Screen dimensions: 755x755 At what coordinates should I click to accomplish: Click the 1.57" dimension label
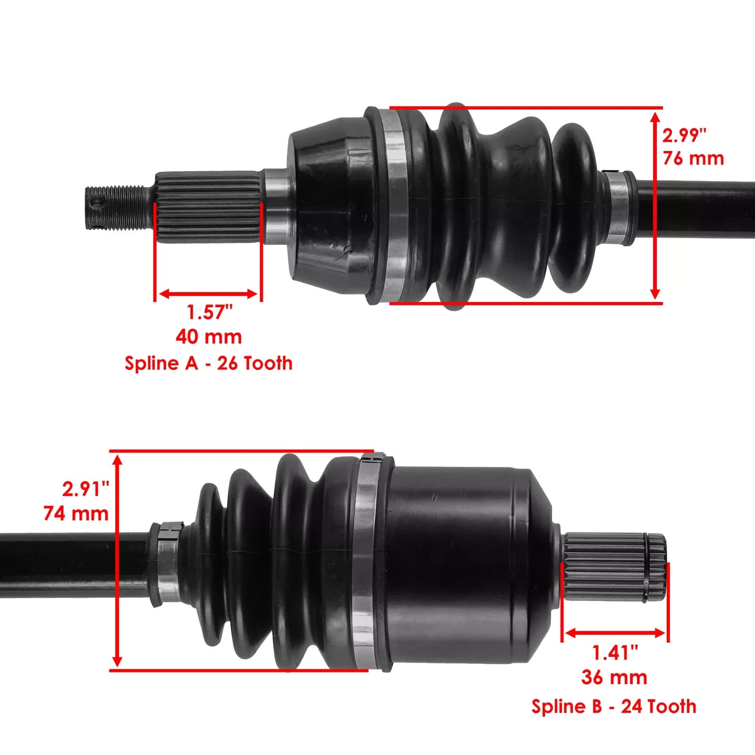210,312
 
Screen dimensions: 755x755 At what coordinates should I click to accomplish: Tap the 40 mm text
209,337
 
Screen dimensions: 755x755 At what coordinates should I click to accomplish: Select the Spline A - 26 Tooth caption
208,363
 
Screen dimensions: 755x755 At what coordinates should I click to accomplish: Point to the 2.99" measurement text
684,135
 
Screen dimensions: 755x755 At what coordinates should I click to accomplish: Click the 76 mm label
693,158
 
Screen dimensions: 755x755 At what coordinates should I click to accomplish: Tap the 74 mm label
76,513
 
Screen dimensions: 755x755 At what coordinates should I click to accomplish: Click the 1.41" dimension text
615,653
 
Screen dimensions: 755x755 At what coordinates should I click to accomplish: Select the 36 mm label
614,678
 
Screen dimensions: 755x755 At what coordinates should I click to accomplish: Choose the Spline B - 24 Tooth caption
613,706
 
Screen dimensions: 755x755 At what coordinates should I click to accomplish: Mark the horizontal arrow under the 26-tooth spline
208,294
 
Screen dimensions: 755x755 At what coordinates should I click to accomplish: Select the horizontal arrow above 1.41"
615,633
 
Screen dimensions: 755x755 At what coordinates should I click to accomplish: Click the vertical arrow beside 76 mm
655,205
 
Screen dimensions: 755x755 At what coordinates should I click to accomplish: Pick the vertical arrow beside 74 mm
118,560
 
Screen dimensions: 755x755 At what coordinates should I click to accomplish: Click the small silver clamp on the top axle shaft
617,208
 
